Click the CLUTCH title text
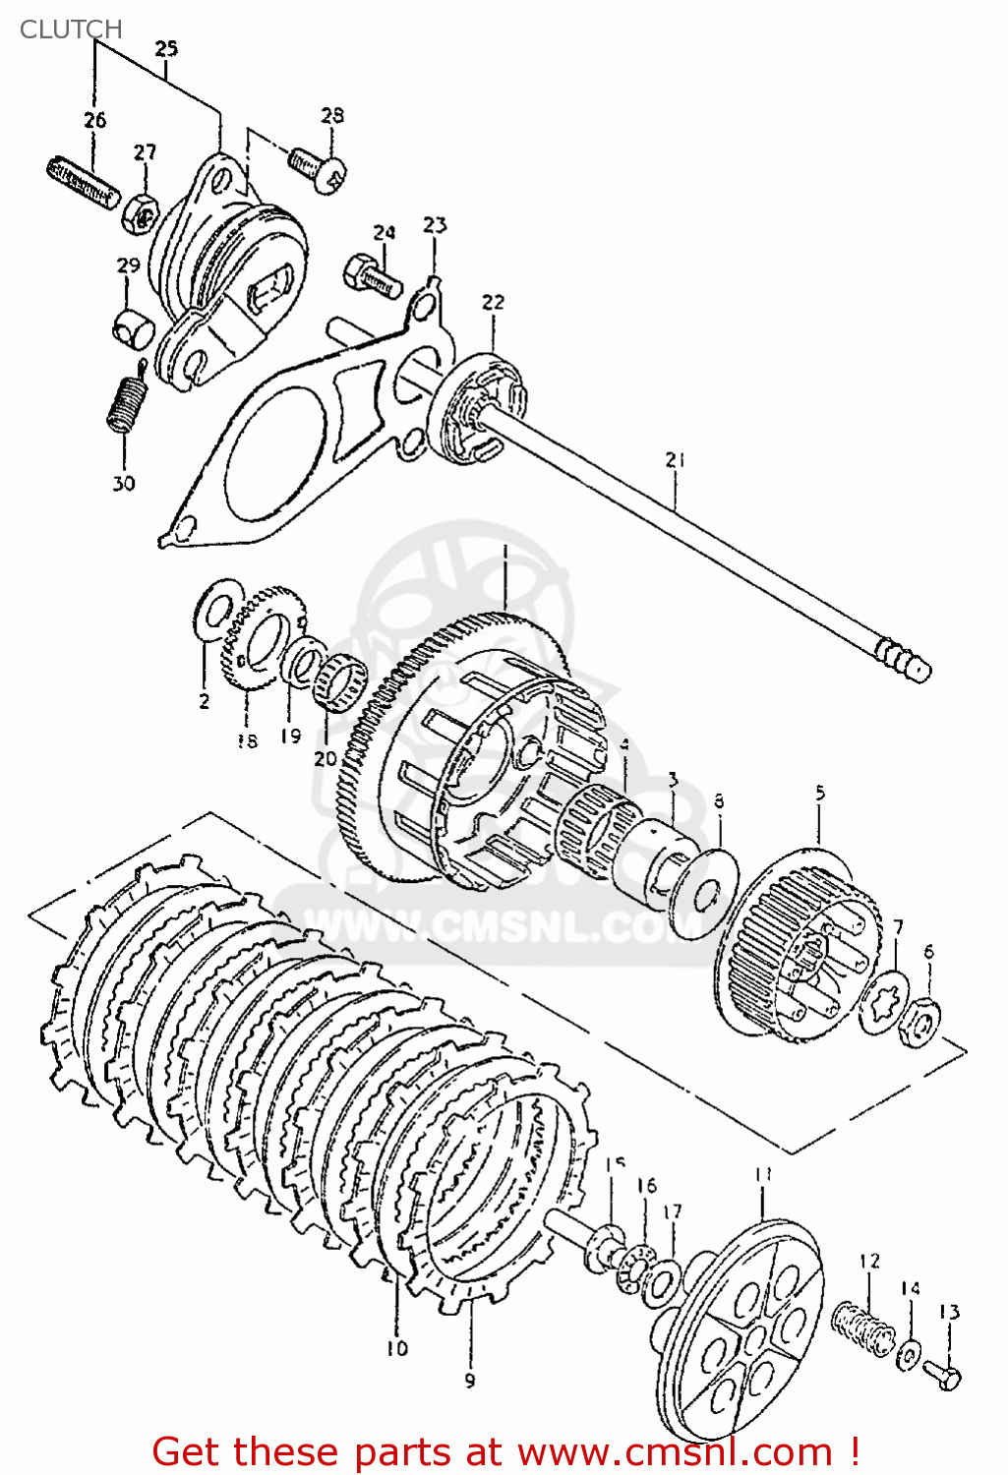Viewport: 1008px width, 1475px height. coord(71,29)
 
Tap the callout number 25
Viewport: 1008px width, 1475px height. coord(166,48)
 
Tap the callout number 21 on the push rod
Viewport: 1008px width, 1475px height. coord(675,459)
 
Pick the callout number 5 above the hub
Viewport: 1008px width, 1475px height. coord(820,793)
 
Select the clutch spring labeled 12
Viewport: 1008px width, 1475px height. coord(863,1327)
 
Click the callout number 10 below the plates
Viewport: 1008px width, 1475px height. coord(396,1348)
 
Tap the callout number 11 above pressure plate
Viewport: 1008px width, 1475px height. coord(763,1174)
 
